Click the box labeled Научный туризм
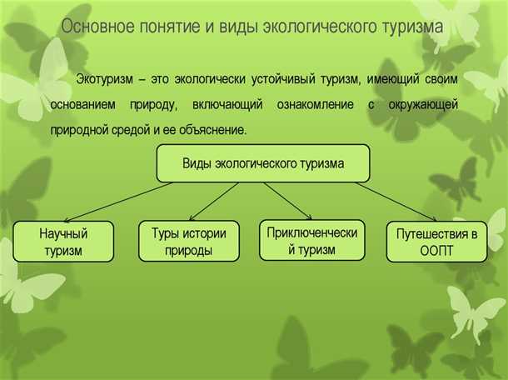click(x=63, y=242)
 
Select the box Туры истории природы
click(x=188, y=242)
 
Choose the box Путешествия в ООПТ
click(x=436, y=242)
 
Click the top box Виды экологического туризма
click(x=263, y=164)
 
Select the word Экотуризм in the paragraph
click(x=104, y=80)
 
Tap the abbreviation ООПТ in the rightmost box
click(x=436, y=251)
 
